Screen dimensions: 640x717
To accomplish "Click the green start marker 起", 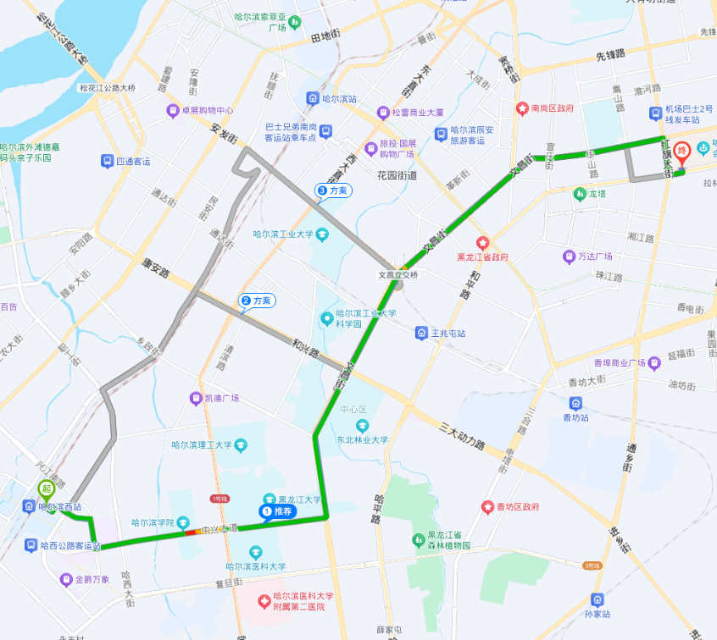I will (x=46, y=488).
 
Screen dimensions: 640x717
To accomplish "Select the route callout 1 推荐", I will (x=277, y=511).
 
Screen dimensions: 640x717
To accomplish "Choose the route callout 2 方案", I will (x=257, y=301).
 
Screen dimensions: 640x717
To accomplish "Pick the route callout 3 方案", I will (x=333, y=190).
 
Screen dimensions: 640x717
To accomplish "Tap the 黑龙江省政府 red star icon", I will (x=482, y=242).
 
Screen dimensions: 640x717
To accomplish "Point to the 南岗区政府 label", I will (x=552, y=108).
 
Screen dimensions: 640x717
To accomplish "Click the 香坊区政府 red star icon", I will (x=488, y=507).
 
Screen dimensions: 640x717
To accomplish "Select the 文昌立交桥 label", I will (x=398, y=275).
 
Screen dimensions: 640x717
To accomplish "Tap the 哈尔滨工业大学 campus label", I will (x=283, y=234).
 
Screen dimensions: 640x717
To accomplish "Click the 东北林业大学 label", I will (x=362, y=439).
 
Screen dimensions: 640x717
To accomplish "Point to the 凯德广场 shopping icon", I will (x=196, y=398).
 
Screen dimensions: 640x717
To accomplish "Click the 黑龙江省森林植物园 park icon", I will (x=418, y=539).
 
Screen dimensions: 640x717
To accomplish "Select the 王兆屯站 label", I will (x=448, y=334).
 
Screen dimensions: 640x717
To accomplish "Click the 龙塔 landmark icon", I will (x=580, y=194).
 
